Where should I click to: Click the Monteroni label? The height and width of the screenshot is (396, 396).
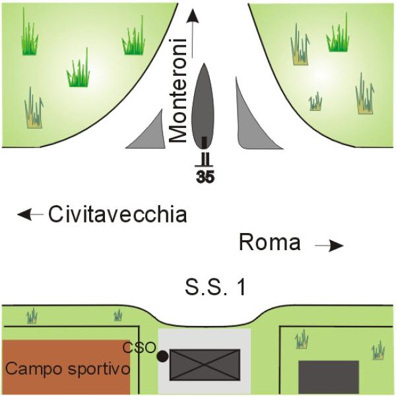click(178, 91)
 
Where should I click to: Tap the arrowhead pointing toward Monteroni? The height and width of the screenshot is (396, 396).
click(193, 16)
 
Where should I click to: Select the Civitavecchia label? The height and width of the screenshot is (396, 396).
click(117, 214)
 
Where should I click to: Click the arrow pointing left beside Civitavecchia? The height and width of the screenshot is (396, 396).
click(30, 214)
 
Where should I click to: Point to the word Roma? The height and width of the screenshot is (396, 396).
click(270, 242)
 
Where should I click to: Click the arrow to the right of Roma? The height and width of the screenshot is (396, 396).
click(329, 246)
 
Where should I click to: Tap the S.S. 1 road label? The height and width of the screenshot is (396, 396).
click(215, 288)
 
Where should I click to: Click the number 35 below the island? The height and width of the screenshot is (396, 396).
click(205, 177)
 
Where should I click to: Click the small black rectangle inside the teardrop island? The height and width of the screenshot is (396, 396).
click(204, 143)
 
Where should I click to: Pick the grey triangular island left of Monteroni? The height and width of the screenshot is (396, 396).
click(149, 133)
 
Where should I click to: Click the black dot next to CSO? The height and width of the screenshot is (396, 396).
click(163, 356)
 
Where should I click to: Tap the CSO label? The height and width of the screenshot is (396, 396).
click(139, 348)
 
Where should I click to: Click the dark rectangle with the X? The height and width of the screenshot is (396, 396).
click(205, 365)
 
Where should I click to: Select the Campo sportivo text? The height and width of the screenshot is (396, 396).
click(68, 369)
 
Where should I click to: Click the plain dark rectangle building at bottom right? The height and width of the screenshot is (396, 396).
click(329, 377)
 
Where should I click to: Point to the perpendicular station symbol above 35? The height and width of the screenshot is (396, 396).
click(204, 160)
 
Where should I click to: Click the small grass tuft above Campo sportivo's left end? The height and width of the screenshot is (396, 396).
click(32, 315)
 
